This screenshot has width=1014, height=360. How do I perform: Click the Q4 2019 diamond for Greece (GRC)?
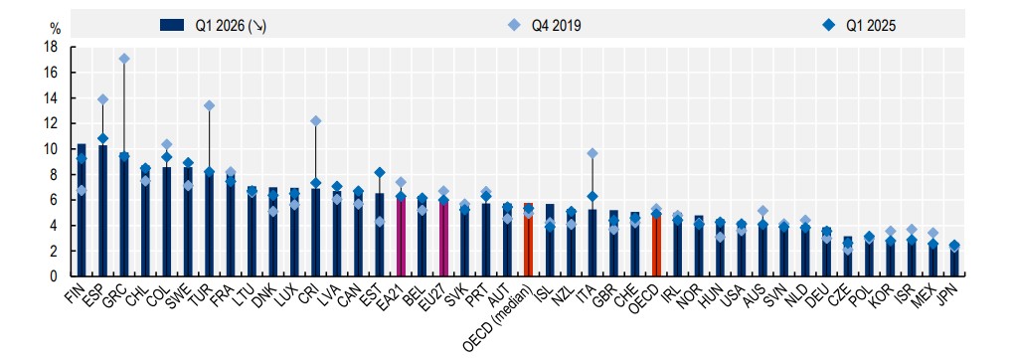124,59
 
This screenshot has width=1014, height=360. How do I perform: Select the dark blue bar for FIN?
82,210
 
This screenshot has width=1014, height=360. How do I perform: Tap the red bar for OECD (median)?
528,240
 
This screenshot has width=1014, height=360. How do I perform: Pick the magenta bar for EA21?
401,236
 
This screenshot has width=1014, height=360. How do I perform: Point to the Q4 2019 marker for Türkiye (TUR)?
209,105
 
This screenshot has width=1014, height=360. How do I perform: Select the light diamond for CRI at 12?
315,121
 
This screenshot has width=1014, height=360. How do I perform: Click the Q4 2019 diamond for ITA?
592,153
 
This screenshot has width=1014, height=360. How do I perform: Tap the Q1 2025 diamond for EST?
380,172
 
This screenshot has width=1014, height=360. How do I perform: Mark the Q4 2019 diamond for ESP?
102,99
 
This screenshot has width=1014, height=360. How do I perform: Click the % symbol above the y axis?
55,28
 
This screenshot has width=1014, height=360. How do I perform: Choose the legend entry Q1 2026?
213,25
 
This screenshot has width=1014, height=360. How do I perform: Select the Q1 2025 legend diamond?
832,25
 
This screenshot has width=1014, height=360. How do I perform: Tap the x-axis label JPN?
948,294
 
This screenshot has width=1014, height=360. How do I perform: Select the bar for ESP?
102,211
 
